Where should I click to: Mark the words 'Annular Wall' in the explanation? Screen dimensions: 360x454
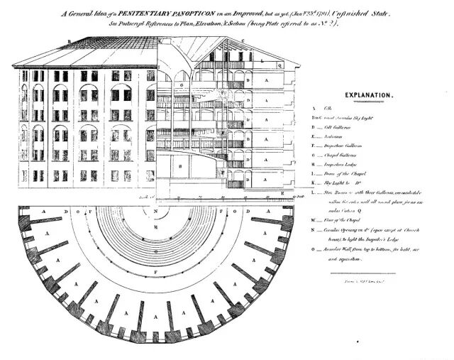[340, 250]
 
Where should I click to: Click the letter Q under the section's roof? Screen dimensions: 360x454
[281, 62]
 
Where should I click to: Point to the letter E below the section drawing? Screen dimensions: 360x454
[283, 193]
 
